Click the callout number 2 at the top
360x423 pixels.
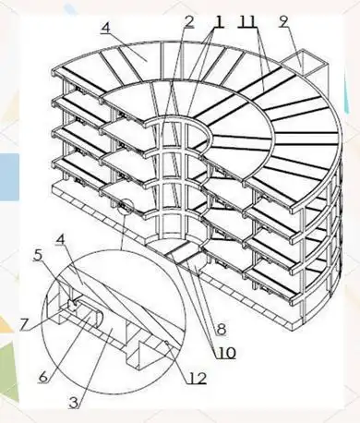pyautogui.click(x=189, y=21)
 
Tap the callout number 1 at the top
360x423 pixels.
pyautogui.click(x=218, y=21)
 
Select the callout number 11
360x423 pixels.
pyautogui.click(x=248, y=21)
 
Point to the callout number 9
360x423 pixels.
pyautogui.click(x=283, y=21)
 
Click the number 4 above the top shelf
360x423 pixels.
pyautogui.click(x=105, y=28)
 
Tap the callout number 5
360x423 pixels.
pyautogui.click(x=38, y=256)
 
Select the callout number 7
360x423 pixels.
pyautogui.click(x=25, y=325)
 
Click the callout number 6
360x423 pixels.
pyautogui.click(x=43, y=376)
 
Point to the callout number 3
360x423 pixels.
pyautogui.click(x=73, y=403)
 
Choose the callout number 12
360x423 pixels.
pyautogui.click(x=197, y=378)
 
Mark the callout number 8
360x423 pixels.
pyautogui.click(x=222, y=330)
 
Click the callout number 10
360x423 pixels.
pyautogui.click(x=226, y=353)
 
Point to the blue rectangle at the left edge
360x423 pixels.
pyautogui.click(x=9, y=177)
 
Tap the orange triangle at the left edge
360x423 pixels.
pyautogui.click(x=6, y=323)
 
